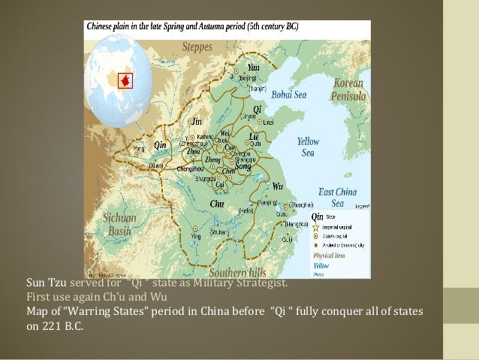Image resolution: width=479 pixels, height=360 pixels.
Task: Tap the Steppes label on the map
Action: tap(197, 47)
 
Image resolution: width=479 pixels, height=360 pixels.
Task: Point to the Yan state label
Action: tap(253, 68)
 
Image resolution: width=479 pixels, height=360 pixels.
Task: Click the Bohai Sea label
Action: tap(289, 95)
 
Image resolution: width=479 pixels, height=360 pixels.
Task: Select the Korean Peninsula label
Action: tap(348, 89)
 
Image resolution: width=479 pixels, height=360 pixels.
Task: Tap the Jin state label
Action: tap(197, 121)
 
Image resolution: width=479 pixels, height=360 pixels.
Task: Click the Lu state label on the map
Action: tap(253, 137)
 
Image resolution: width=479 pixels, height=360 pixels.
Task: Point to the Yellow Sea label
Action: tap(308, 147)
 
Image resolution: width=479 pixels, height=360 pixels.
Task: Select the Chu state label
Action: tap(217, 204)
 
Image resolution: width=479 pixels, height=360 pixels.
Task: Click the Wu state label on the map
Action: tap(278, 186)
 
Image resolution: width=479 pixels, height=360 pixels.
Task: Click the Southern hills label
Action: tap(237, 271)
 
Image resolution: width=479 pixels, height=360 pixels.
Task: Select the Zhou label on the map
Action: tap(193, 151)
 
